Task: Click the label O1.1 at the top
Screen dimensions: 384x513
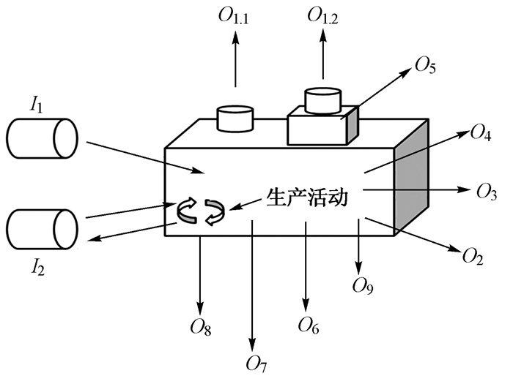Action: pos(235,15)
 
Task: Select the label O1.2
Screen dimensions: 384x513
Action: pos(324,15)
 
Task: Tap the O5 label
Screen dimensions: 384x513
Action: pos(425,67)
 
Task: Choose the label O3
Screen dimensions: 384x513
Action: pos(487,192)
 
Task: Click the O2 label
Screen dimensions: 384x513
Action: pos(473,255)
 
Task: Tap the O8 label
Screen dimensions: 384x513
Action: pos(200,327)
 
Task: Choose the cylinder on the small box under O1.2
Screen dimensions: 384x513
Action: pos(322,101)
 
